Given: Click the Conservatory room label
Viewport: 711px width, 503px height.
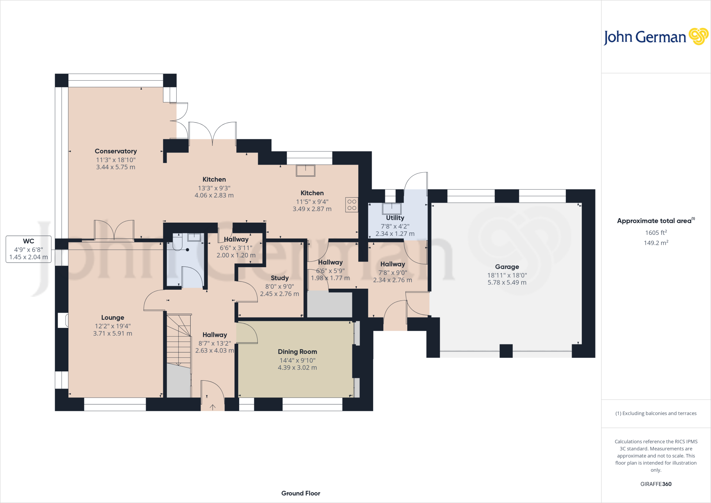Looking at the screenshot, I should pyautogui.click(x=116, y=151).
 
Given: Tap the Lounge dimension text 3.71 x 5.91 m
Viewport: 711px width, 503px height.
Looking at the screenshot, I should pyautogui.click(x=112, y=333).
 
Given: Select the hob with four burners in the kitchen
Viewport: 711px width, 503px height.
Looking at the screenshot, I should pyautogui.click(x=352, y=205).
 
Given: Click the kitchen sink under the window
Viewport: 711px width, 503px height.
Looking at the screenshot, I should pyautogui.click(x=306, y=171).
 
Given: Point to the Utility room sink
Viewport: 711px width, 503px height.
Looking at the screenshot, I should pyautogui.click(x=392, y=209).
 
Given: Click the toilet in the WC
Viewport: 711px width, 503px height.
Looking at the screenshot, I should pyautogui.click(x=177, y=242).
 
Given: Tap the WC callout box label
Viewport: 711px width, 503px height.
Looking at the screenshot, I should pyautogui.click(x=28, y=241).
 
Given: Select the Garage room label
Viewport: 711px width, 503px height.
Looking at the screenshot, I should pyautogui.click(x=507, y=267).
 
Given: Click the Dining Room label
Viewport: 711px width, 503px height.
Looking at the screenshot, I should pyautogui.click(x=297, y=352).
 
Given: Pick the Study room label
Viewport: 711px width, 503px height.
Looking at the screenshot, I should pyautogui.click(x=279, y=278).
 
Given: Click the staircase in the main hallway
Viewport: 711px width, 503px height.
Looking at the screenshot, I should pyautogui.click(x=179, y=340).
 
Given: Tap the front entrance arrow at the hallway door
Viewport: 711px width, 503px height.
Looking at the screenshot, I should pyautogui.click(x=212, y=407).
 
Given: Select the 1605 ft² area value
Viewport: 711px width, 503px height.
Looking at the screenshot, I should pyautogui.click(x=656, y=233).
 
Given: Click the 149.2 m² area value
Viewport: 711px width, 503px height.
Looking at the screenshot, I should pyautogui.click(x=656, y=243).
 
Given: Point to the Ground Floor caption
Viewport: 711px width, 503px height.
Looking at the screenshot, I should pyautogui.click(x=301, y=493).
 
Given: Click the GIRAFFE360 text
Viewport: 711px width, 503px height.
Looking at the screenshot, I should pyautogui.click(x=656, y=484).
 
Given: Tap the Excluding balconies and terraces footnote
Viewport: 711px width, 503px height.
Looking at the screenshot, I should pyautogui.click(x=656, y=413).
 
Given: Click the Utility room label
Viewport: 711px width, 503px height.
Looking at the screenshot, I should pyautogui.click(x=395, y=218).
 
